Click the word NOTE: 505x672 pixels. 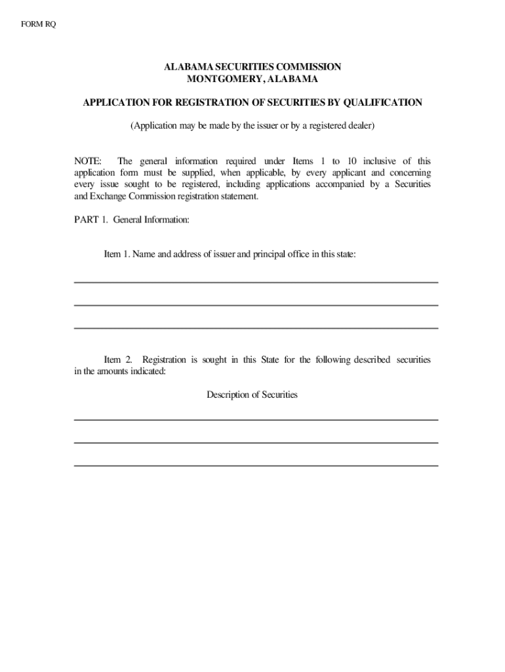coord(88,161)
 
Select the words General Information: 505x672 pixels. coord(151,220)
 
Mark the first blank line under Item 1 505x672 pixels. coord(256,282)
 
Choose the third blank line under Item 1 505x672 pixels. coord(256,327)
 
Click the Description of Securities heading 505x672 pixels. coord(253,394)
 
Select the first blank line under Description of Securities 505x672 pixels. coord(256,419)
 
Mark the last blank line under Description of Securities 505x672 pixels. coord(256,465)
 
